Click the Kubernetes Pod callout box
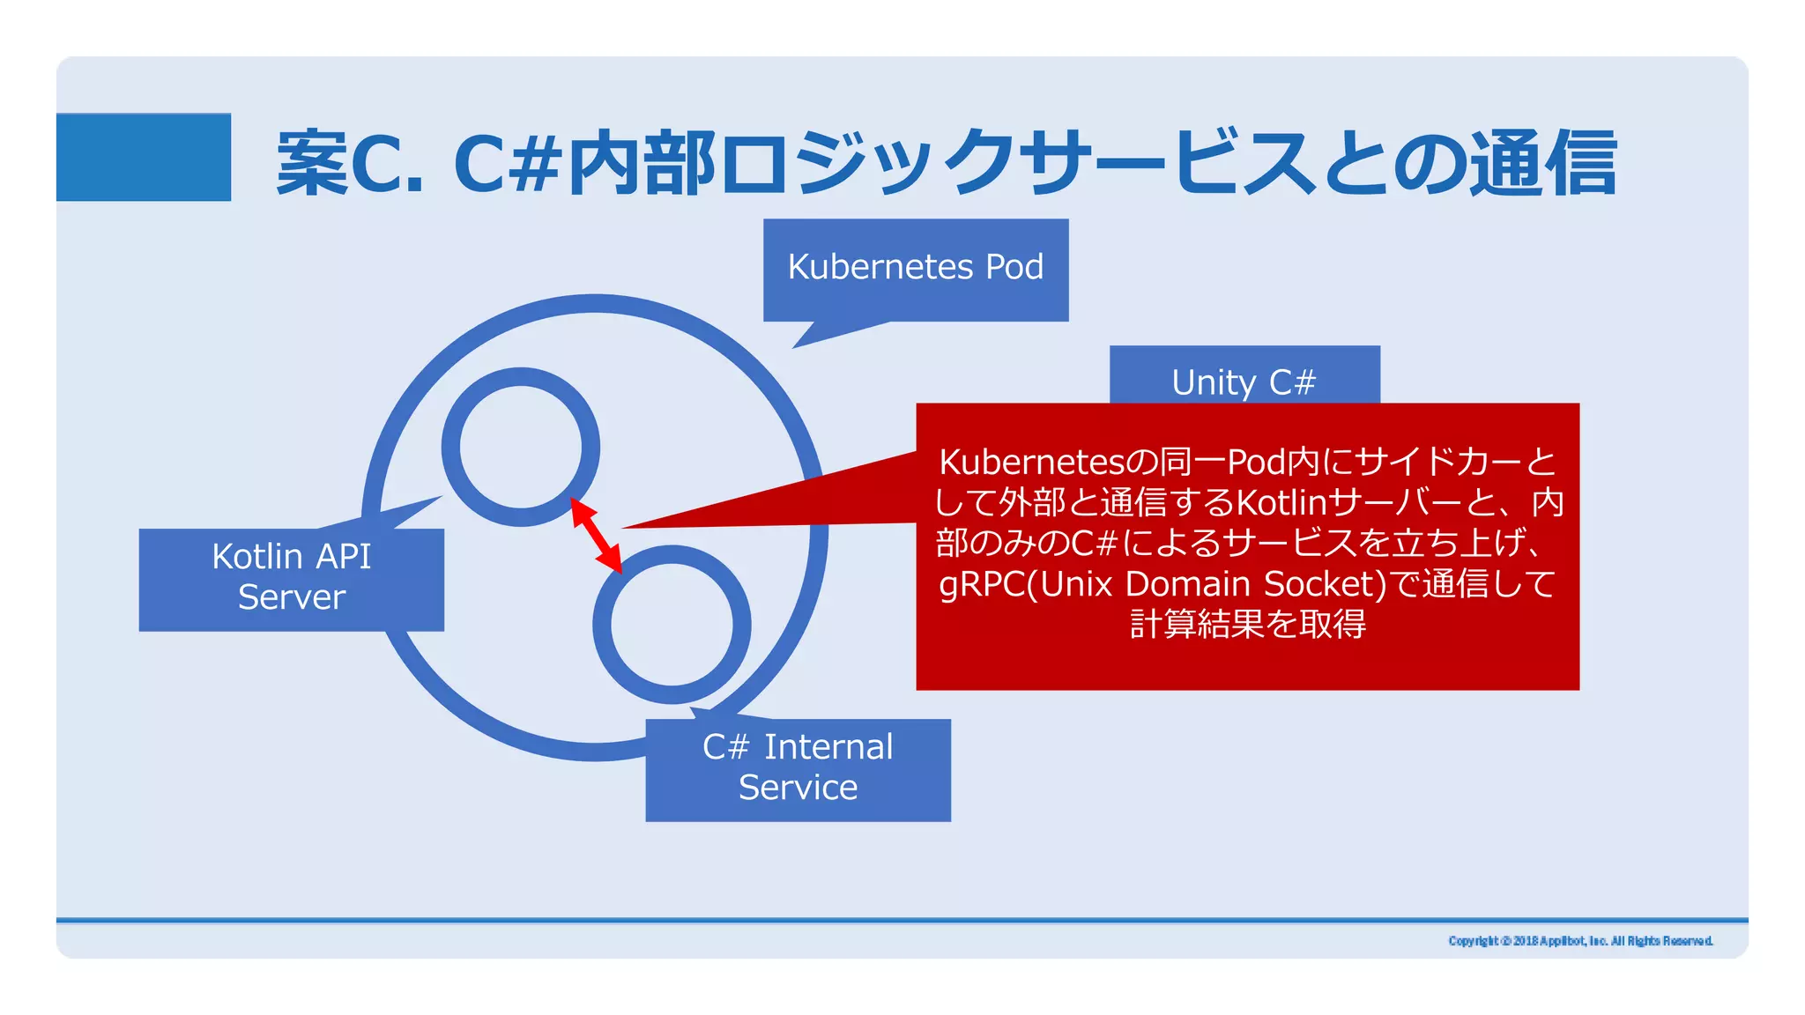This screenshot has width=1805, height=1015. [x=916, y=269]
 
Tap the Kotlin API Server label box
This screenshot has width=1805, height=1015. [x=291, y=578]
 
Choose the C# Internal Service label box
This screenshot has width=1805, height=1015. [x=798, y=769]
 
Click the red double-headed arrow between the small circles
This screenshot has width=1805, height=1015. [x=597, y=536]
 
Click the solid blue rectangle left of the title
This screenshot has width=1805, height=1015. [x=144, y=157]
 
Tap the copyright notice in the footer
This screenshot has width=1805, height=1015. [x=1580, y=941]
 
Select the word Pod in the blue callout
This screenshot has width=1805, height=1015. [x=1014, y=267]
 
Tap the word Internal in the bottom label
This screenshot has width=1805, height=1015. [x=828, y=747]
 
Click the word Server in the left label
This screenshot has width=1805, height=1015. [x=291, y=597]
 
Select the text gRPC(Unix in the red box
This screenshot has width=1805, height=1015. [x=1027, y=584]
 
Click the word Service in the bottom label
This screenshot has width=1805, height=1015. [x=798, y=788]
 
